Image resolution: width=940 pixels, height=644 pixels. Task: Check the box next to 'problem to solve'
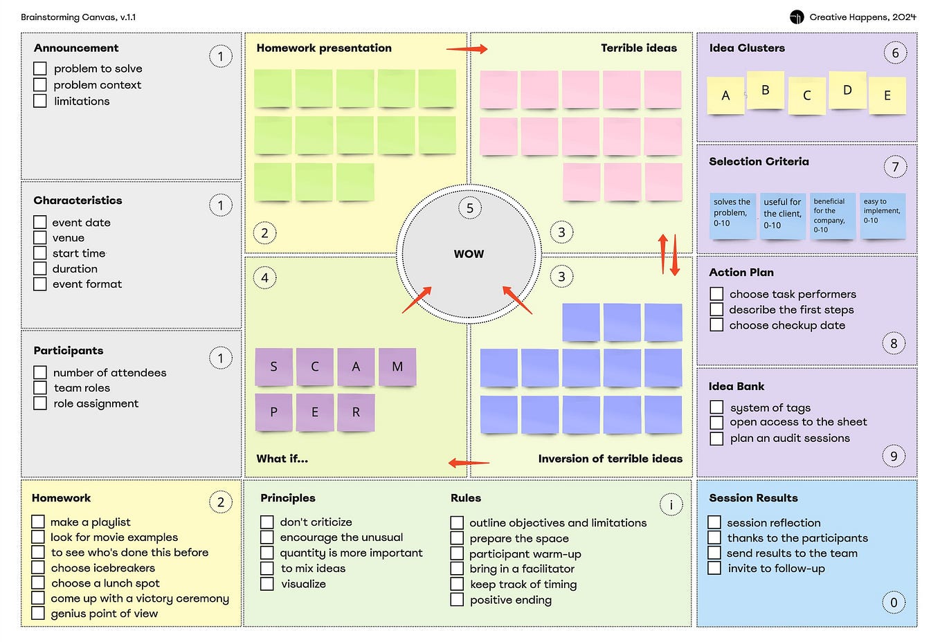40,68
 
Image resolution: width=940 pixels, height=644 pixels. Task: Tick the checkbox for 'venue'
40,238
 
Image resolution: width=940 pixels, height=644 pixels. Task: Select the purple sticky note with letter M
397,367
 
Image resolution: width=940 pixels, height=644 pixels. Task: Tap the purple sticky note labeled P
274,412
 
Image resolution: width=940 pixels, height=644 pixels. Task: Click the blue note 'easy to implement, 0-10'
883,216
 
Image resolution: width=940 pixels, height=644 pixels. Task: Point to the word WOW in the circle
469,254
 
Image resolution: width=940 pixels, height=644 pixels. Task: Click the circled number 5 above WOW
470,208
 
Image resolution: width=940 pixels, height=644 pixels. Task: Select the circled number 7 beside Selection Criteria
895,167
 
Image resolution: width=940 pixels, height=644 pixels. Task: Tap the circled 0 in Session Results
894,602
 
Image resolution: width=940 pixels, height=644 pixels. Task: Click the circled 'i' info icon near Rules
671,504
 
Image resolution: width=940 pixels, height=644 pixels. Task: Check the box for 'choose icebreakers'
38,568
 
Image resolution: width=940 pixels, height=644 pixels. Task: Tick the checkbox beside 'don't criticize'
267,522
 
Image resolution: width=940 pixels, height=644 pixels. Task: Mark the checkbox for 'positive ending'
457,600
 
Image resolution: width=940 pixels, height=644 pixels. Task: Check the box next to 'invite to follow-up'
714,568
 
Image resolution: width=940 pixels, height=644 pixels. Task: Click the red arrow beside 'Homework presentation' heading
467,49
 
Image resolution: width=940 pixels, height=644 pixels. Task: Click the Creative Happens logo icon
797,17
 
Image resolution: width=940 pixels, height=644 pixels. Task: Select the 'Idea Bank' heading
736,386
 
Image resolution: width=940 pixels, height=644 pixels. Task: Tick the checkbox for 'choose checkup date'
716,325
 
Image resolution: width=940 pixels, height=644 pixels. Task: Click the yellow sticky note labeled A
725,95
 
